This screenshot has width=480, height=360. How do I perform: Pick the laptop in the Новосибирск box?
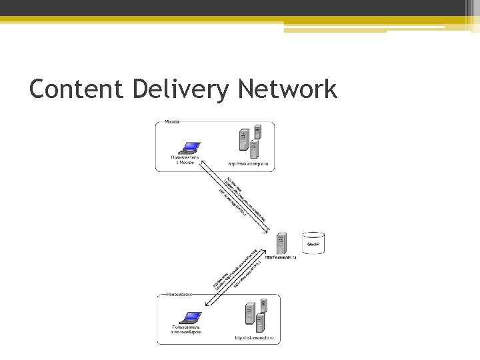click(192, 317)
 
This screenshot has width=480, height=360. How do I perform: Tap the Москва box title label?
click(172, 123)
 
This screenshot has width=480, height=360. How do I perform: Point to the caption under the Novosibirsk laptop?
click(186, 329)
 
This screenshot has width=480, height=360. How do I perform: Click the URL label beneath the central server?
click(281, 257)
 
